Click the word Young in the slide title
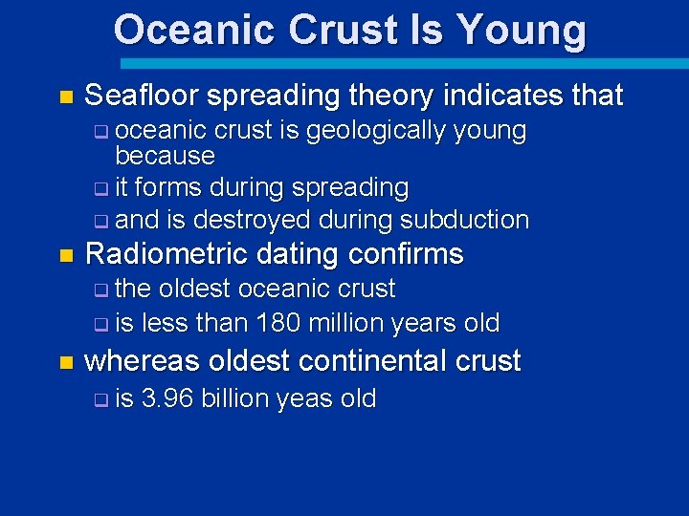pyautogui.click(x=522, y=31)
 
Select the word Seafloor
pyautogui.click(x=141, y=96)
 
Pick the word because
pyautogui.click(x=165, y=155)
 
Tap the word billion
pyautogui.click(x=236, y=398)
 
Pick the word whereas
pyautogui.click(x=143, y=361)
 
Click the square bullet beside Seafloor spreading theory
pyautogui.click(x=65, y=97)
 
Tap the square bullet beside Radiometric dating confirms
pyautogui.click(x=65, y=256)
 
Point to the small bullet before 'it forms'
pyautogui.click(x=100, y=189)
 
